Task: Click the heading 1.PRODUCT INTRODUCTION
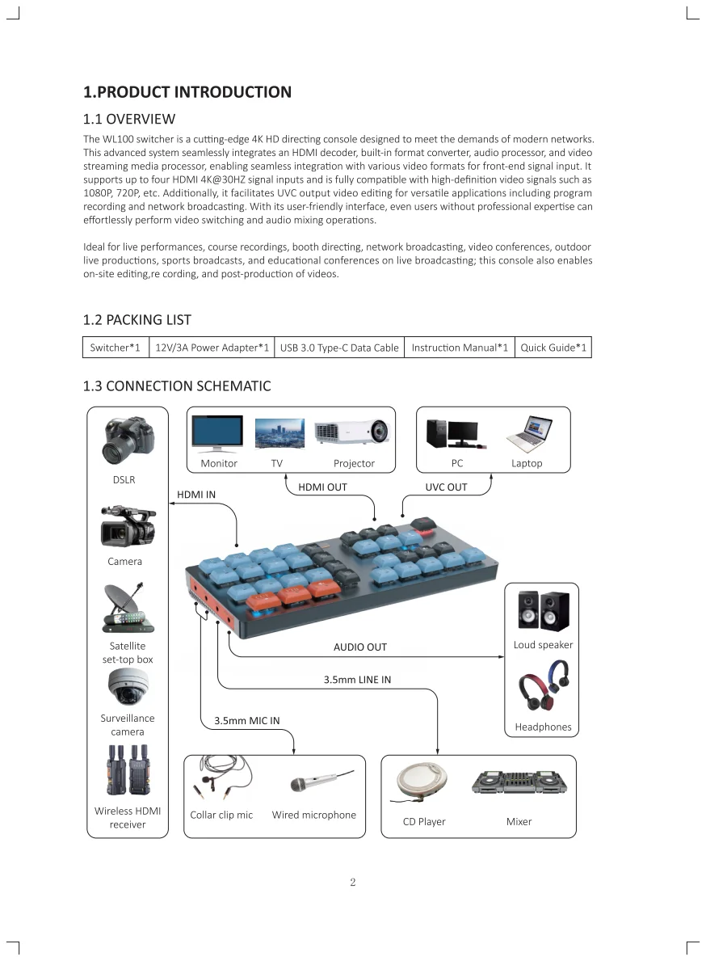187,92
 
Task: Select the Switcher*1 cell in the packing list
116,348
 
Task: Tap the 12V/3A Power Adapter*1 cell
212,348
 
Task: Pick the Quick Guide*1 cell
553,348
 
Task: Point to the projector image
352,433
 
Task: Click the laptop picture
529,434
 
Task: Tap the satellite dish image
127,609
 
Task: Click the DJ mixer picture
519,782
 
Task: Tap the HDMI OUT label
322,487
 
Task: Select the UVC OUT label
446,487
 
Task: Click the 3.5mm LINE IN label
357,680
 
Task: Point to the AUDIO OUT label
360,647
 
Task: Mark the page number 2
353,882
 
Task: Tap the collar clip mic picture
221,779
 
